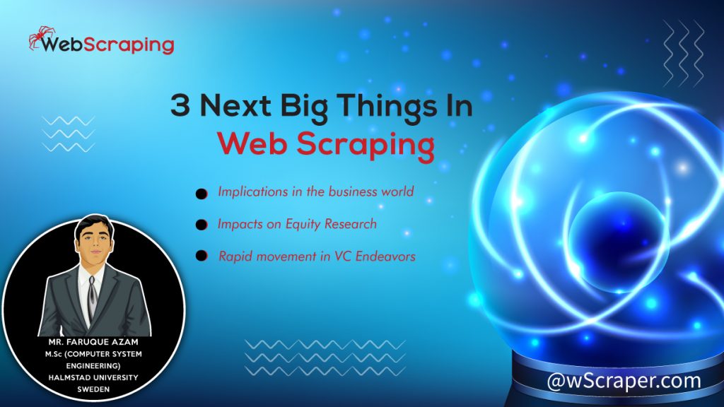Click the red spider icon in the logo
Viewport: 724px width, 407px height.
point(37,39)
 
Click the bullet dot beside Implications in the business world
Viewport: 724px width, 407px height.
point(202,193)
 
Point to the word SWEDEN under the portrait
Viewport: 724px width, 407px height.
point(92,387)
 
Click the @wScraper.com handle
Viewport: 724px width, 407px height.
point(624,381)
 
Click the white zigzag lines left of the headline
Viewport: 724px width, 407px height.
point(69,134)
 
